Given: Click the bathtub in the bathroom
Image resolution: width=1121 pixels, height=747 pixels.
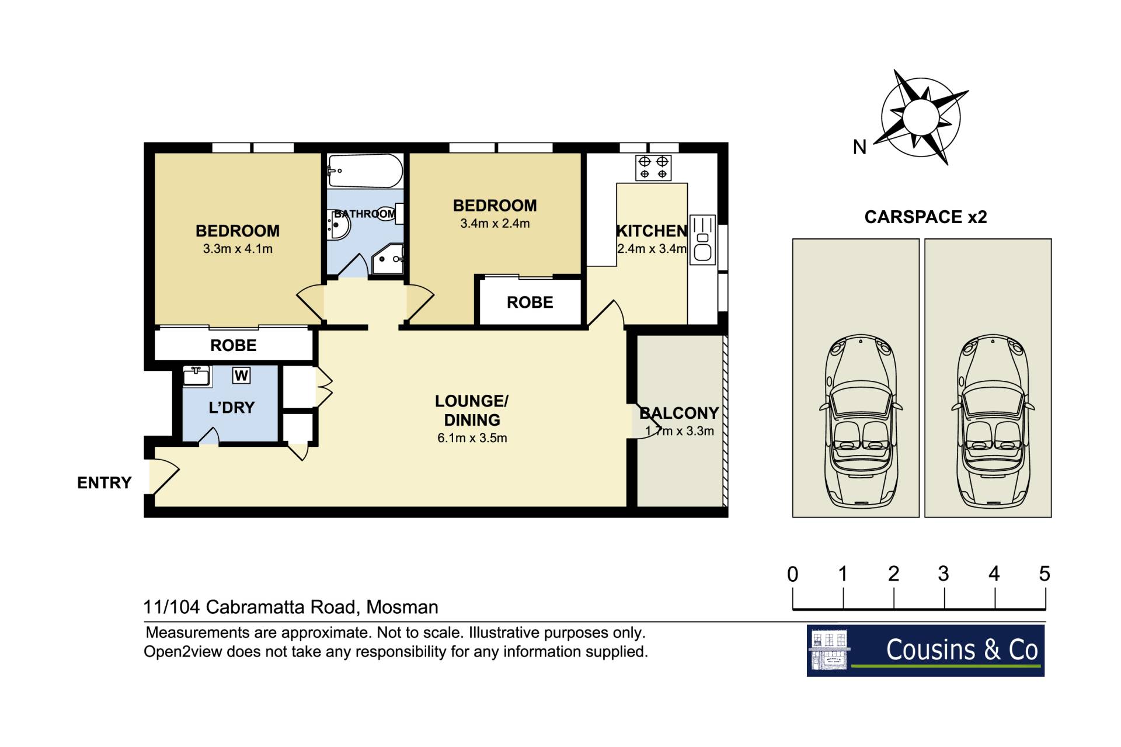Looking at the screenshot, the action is tap(365, 171).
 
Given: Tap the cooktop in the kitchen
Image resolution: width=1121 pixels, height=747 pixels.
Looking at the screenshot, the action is tap(653, 168).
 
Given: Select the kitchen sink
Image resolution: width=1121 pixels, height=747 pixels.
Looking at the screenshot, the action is tap(703, 239).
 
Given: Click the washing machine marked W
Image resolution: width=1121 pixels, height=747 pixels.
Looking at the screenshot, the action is tap(241, 375).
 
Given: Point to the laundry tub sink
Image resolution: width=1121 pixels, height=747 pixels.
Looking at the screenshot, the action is tap(197, 376).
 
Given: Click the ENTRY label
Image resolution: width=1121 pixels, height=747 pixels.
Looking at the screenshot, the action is tap(105, 483).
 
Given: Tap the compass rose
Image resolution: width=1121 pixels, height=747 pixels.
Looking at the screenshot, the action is tap(921, 117).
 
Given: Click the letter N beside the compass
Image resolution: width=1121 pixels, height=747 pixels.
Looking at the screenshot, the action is tap(859, 147).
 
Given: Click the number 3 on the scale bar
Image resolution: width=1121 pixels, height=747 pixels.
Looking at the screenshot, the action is tap(944, 574).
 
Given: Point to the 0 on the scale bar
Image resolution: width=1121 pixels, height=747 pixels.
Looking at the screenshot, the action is tap(792, 574).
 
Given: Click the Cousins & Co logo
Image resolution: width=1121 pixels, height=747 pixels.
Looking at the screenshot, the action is tap(925, 651).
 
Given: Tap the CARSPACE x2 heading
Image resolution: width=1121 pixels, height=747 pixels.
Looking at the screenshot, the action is tap(925, 217).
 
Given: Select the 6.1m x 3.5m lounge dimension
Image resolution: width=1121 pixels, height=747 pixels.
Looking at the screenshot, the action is tap(472, 438).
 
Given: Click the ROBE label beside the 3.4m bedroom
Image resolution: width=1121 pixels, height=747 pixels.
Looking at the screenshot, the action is tap(530, 303).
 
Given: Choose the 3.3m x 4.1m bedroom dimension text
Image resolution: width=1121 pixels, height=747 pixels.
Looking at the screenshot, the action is tap(238, 249).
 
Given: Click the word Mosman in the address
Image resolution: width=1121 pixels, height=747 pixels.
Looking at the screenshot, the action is tap(402, 607).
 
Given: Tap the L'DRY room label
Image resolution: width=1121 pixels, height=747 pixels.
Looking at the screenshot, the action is tap(232, 408).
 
